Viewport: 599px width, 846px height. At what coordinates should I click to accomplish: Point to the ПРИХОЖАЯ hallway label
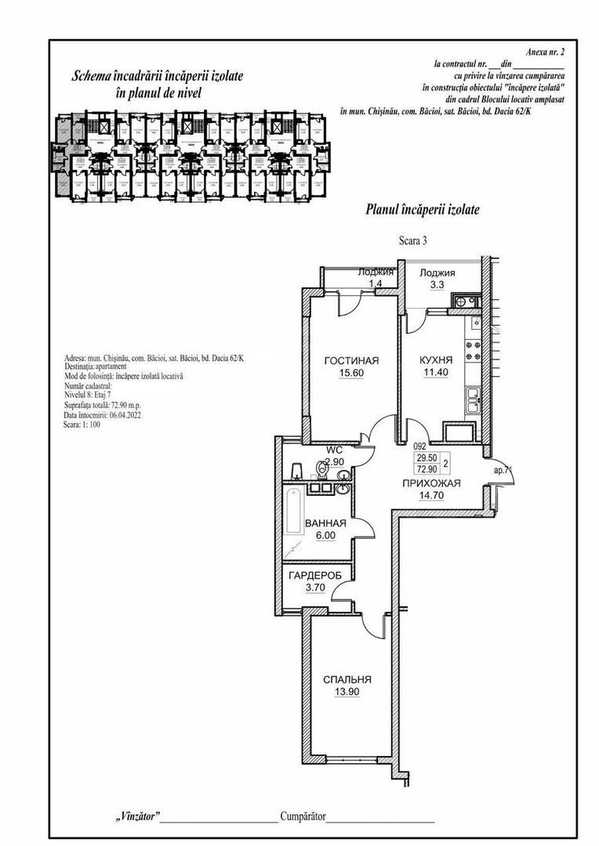point(430,483)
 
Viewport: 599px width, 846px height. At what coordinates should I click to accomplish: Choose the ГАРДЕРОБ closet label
point(315,575)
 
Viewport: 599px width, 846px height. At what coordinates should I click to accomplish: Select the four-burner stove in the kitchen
point(474,350)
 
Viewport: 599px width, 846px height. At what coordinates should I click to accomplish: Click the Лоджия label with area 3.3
point(437,273)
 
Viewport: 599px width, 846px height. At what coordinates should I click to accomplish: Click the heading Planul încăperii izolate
point(423,209)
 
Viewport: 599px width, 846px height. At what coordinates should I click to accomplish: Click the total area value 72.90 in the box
point(427,468)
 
